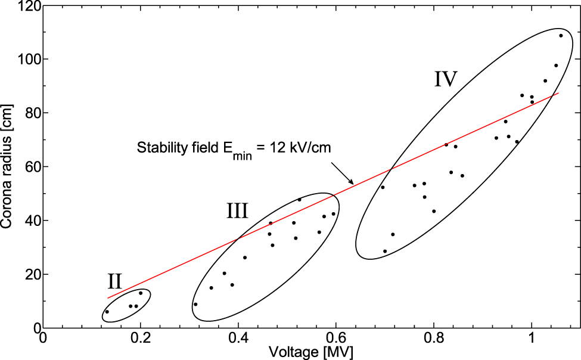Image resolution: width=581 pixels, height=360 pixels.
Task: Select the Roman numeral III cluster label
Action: [x=237, y=210]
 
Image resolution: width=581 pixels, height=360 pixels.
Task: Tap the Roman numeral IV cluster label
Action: [x=445, y=79]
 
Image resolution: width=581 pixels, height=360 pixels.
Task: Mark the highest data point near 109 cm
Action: [x=561, y=36]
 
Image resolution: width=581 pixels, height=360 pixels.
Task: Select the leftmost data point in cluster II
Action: [x=107, y=312]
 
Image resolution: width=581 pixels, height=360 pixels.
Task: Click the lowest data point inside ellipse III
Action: [x=195, y=304]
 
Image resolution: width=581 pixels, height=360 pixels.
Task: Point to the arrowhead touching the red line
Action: [x=352, y=183]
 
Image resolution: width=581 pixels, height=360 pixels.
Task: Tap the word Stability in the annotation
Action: [x=158, y=147]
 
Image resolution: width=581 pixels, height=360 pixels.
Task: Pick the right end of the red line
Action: [x=558, y=93]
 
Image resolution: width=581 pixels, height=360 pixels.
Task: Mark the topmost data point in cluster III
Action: [x=299, y=200]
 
